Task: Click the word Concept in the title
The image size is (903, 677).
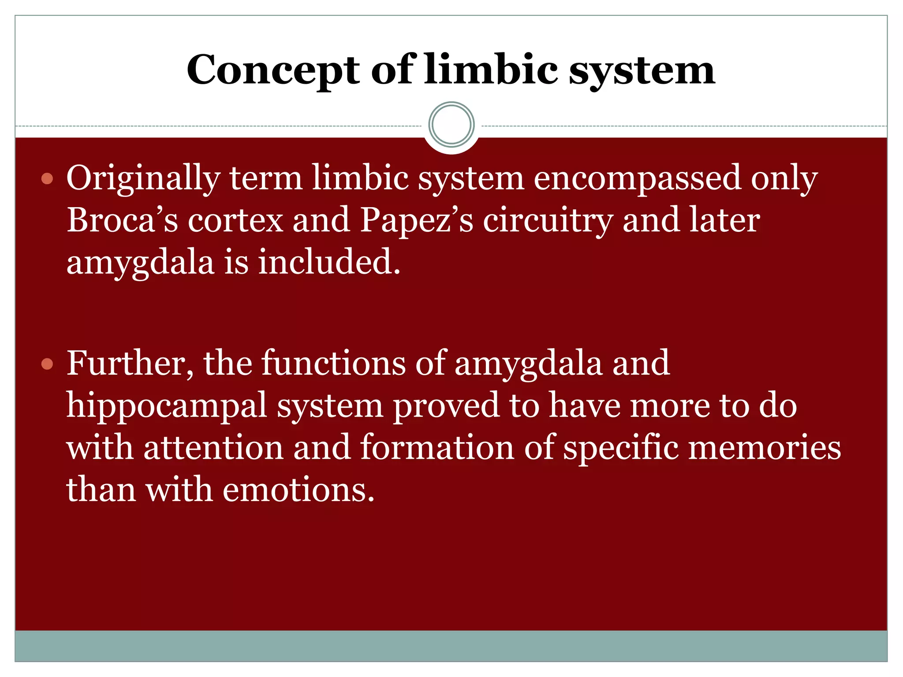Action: tap(273, 71)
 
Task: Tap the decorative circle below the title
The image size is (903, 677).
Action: tap(451, 125)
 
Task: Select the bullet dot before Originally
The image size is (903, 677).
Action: tap(47, 179)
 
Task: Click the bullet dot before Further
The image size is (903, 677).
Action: tap(47, 364)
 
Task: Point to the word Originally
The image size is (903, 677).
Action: tap(143, 179)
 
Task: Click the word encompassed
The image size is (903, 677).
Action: tap(637, 178)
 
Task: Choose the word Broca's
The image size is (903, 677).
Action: tap(122, 220)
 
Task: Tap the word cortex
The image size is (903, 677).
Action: tap(235, 221)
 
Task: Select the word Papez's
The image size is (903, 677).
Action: tap(417, 220)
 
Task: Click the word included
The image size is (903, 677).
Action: tap(329, 262)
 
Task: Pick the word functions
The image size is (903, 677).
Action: tap(333, 363)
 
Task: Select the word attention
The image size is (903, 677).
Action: tap(213, 448)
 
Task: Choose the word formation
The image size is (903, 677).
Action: tap(437, 448)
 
